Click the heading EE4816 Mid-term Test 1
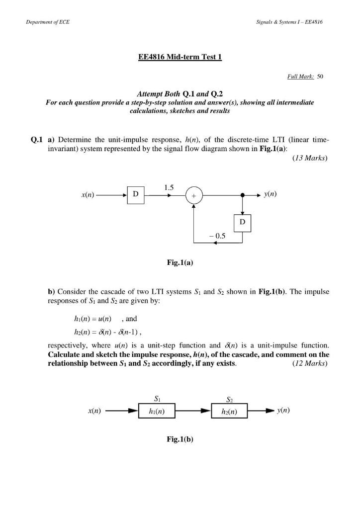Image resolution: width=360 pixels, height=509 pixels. coord(180,57)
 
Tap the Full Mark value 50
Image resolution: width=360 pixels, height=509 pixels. coord(320,77)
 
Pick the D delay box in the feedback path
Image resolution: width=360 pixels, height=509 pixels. coord(242,223)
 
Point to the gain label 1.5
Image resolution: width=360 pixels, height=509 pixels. coord(169,187)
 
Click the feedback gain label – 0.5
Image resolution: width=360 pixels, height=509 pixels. coord(217,237)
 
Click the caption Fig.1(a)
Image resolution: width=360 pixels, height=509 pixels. coord(180,263)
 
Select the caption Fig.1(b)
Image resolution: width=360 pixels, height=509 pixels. coord(180,439)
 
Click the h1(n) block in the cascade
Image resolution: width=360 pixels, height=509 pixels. coord(157,412)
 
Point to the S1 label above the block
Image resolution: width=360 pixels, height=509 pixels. coord(157,399)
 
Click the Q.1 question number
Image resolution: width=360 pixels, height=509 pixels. coord(38,141)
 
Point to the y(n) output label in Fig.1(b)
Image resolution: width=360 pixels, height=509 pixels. coord(284,411)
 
